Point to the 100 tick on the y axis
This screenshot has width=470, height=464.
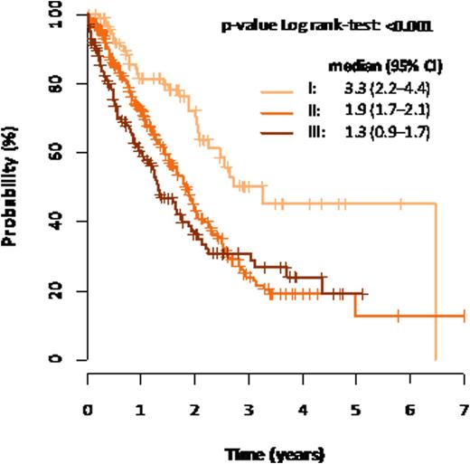pyautogui.click(x=55, y=14)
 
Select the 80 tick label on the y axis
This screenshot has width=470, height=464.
pyautogui.click(x=55, y=84)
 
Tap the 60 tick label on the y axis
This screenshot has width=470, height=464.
pyautogui.click(x=55, y=153)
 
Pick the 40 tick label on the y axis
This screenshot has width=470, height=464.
pyautogui.click(x=55, y=222)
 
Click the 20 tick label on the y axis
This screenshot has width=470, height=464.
pyautogui.click(x=55, y=290)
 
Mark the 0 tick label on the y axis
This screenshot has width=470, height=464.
pyautogui.click(x=55, y=359)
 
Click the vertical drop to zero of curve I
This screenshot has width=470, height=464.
pyautogui.click(x=436, y=280)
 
